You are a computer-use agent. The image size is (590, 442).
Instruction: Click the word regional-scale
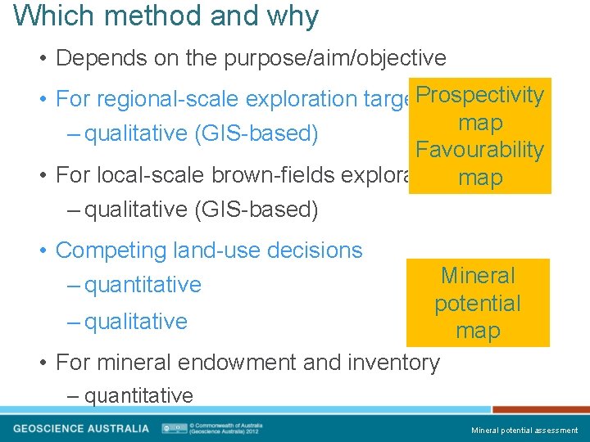(x=191, y=99)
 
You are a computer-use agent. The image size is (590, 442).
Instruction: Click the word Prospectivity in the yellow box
(x=479, y=95)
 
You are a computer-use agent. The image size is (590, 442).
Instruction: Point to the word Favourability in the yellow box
(x=479, y=150)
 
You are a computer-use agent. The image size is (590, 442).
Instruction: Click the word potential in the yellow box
(x=478, y=304)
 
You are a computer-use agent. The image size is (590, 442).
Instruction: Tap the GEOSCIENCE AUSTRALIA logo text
(x=81, y=428)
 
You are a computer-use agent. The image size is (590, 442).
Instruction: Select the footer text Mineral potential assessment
(x=524, y=430)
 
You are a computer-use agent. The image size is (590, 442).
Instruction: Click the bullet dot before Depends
(x=43, y=59)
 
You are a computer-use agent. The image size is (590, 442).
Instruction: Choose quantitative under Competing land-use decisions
(x=143, y=285)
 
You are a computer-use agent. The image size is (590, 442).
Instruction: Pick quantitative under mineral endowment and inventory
(x=138, y=396)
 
